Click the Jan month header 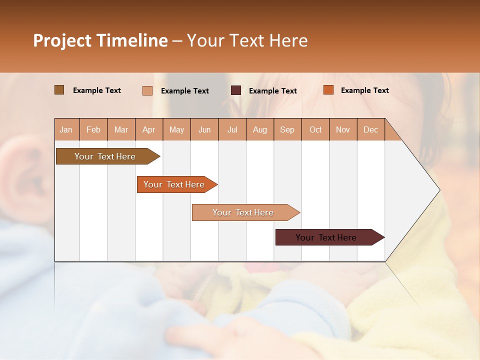click(x=66, y=129)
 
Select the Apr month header click(x=149, y=129)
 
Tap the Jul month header click(x=232, y=129)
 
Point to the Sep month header click(x=287, y=129)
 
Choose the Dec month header click(x=370, y=129)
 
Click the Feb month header click(x=93, y=129)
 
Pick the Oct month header click(x=315, y=129)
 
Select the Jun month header click(x=204, y=129)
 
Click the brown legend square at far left click(x=59, y=90)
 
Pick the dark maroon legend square click(x=236, y=90)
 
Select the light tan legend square click(x=147, y=90)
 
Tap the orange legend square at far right click(x=328, y=90)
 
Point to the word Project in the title click(x=62, y=40)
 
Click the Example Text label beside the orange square click(x=364, y=90)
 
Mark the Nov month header click(x=343, y=129)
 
